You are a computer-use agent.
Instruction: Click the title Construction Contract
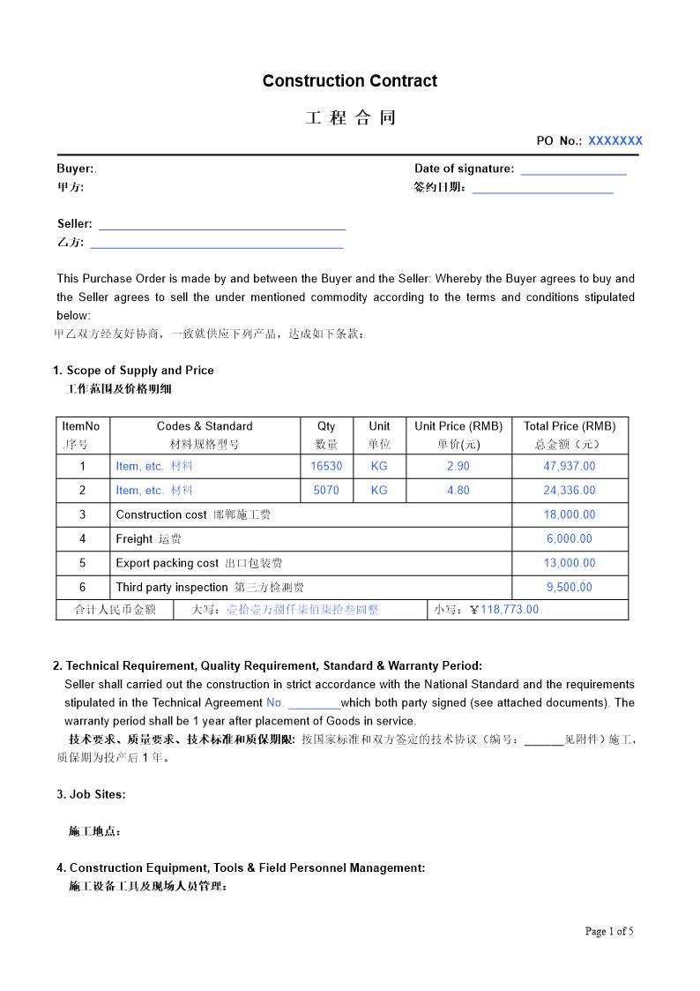coord(349,81)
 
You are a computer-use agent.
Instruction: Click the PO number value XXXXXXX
coord(615,140)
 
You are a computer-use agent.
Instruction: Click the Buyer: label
coord(77,169)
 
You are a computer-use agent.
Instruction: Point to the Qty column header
coord(326,426)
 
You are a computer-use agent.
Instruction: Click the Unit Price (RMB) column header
coord(458,426)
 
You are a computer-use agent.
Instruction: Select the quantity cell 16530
coord(326,466)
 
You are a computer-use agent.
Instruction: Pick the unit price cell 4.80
coord(458,491)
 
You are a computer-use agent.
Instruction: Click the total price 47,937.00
coord(569,466)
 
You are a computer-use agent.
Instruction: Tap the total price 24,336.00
coord(569,491)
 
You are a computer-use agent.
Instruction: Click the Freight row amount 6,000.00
coord(569,539)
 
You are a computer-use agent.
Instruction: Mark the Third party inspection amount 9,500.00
coord(569,588)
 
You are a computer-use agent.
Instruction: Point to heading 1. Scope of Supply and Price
coord(133,371)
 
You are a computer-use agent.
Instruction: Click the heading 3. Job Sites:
coord(91,794)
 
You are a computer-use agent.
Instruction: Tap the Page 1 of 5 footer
coord(609,931)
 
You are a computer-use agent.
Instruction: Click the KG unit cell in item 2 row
coord(379,491)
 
